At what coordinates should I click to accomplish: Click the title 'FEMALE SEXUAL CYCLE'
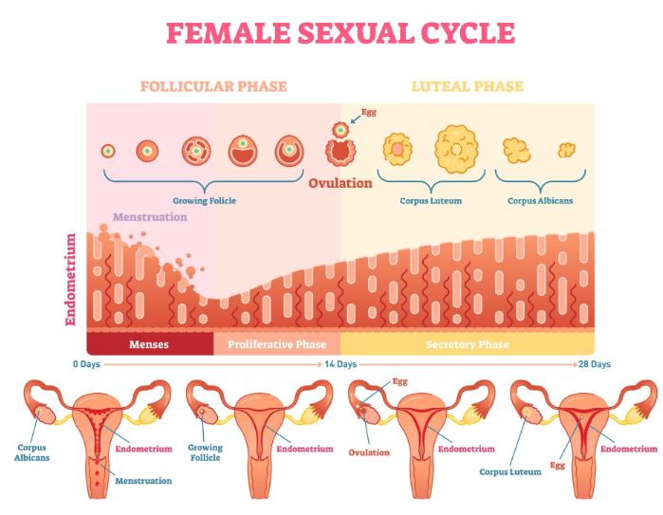pos(341,32)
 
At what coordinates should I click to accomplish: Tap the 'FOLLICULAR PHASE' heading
pos(213,86)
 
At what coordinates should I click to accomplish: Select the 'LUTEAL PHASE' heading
pos(467,86)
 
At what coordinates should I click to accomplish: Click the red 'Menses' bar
pos(149,343)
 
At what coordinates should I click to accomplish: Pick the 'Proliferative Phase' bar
pos(277,343)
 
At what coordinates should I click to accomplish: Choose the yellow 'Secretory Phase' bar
pos(467,343)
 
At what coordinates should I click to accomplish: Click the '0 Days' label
pos(86,364)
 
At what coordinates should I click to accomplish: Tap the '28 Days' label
pos(594,364)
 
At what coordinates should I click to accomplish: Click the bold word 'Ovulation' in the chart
pos(340,183)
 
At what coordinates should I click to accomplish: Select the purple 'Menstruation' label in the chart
pos(150,216)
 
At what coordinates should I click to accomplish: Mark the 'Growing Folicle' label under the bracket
pos(204,201)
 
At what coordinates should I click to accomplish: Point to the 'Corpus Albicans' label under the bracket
pos(540,201)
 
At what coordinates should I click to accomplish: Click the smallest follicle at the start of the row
pos(108,150)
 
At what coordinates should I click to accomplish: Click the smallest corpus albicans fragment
pos(567,149)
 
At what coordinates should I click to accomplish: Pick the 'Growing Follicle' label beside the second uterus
pos(205,452)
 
